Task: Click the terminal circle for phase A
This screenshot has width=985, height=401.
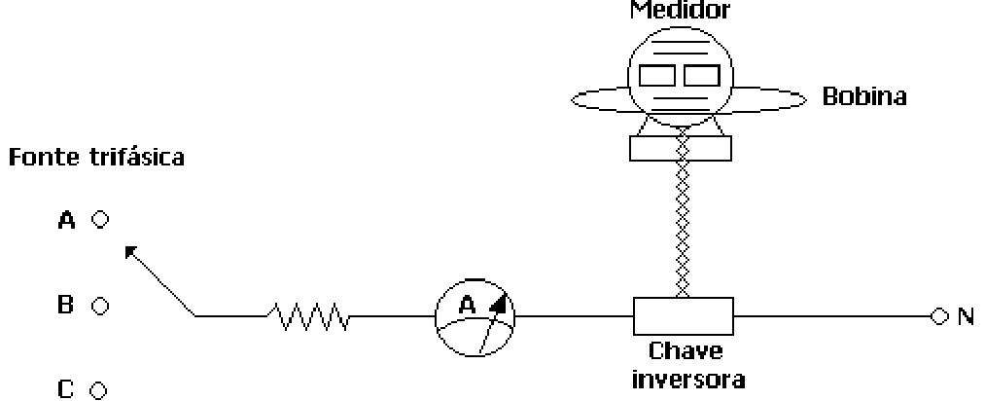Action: (x=100, y=219)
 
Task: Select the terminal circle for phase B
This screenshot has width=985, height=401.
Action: (x=100, y=306)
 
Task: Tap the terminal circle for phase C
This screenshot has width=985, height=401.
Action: (x=98, y=390)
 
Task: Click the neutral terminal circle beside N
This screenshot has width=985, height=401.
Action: (x=939, y=316)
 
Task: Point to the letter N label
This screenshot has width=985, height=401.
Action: (x=966, y=316)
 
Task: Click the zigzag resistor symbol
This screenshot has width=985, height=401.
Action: (x=308, y=316)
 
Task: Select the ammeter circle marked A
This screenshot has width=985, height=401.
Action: (x=475, y=317)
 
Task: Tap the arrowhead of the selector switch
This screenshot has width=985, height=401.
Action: (x=130, y=251)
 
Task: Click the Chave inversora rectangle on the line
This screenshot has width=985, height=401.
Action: (x=683, y=315)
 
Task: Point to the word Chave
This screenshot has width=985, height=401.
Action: (x=686, y=350)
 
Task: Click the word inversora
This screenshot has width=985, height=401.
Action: (x=687, y=379)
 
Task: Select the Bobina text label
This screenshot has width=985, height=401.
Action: (x=864, y=96)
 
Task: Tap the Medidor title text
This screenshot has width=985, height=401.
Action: (x=681, y=10)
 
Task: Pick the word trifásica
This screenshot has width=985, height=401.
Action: (x=137, y=156)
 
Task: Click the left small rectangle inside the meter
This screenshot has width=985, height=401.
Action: (x=657, y=75)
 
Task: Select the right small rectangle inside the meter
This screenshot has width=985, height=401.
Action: (x=702, y=75)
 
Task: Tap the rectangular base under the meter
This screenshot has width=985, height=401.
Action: (x=681, y=148)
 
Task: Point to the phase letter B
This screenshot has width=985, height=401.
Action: (x=66, y=306)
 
